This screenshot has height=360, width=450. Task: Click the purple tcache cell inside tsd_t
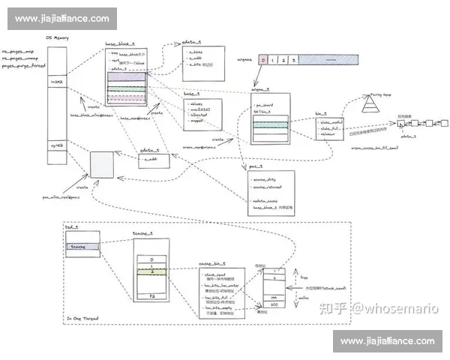point(79,246)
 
